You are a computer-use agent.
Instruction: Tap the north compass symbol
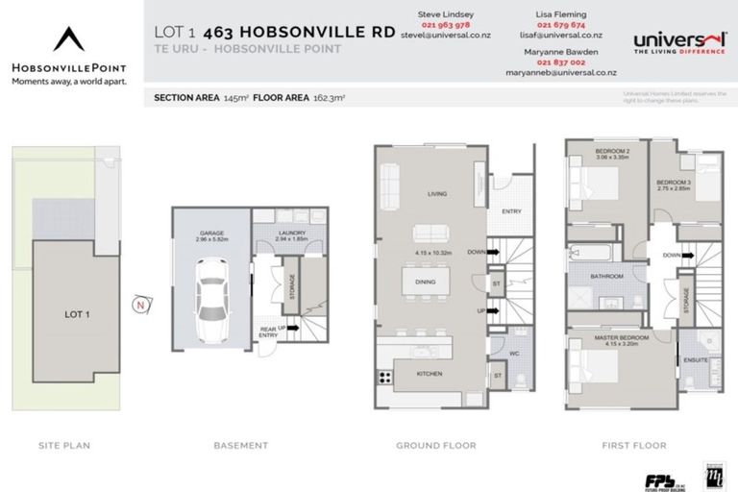click(x=141, y=305)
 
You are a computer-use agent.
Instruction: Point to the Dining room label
click(x=426, y=282)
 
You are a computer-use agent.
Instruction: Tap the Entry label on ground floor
click(x=510, y=212)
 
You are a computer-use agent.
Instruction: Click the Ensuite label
click(x=697, y=359)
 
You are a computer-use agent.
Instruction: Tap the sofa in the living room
click(x=389, y=180)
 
